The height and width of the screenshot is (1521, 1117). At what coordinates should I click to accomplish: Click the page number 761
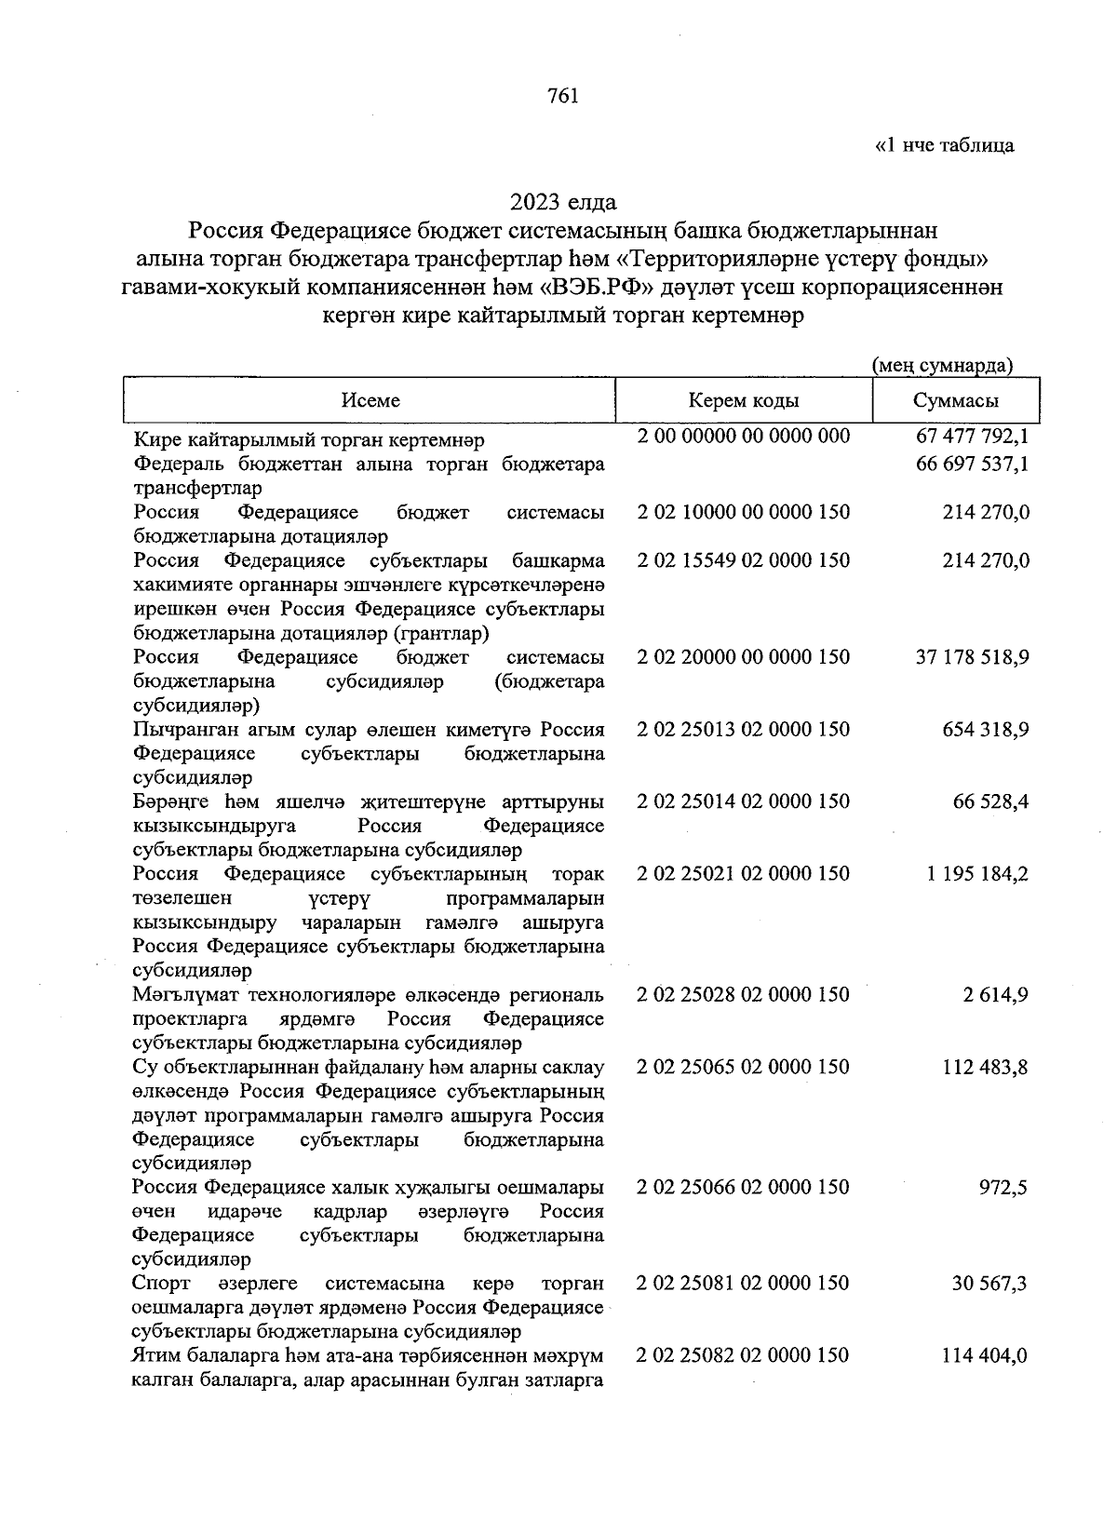[x=563, y=96]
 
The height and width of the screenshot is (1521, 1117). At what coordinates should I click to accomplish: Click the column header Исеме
[x=370, y=400]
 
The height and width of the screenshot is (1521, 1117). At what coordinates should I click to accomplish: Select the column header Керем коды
[x=743, y=400]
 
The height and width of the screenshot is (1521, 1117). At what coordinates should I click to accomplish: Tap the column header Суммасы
[x=956, y=400]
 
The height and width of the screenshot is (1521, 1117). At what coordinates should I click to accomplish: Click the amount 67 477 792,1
[x=973, y=437]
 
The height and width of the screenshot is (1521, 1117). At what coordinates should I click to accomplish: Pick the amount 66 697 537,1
[x=973, y=464]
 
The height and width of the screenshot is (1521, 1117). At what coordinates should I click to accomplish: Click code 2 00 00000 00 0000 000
[x=743, y=436]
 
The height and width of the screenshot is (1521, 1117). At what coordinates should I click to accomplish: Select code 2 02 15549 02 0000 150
[x=743, y=560]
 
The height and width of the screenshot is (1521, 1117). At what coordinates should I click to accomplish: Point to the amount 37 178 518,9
[x=973, y=657]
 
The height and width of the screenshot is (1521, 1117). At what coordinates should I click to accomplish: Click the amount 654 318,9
[x=985, y=730]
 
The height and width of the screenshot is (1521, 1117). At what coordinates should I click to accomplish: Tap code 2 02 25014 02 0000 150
[x=743, y=801]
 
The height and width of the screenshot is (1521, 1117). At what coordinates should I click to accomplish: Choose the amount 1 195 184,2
[x=977, y=874]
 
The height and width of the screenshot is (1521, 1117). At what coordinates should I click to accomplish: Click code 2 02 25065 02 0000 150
[x=743, y=1067]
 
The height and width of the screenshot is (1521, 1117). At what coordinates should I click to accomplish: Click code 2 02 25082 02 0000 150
[x=743, y=1355]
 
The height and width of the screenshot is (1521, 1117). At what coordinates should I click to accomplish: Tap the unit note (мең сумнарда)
[x=942, y=365]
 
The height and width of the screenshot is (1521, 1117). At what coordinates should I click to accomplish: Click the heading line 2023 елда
[x=563, y=201]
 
